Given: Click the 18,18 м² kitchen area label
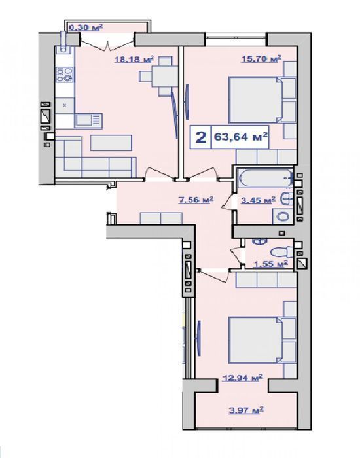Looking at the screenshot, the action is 134,60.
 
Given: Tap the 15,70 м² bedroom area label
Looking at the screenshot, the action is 261,59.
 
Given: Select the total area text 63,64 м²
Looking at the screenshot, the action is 241,137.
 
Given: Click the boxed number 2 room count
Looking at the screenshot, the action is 200,137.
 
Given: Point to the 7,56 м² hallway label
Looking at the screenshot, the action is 196,200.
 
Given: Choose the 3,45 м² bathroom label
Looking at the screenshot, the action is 258,200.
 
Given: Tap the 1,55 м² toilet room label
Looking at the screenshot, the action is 270,264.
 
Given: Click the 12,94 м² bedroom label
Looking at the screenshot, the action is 242,378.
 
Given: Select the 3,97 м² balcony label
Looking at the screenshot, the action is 246,410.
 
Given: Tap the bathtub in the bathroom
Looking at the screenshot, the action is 265,178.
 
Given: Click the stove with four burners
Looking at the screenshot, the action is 65,75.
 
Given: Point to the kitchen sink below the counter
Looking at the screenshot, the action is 88,120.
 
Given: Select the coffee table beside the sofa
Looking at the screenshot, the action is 111,143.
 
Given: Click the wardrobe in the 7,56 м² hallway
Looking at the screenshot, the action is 161,219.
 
